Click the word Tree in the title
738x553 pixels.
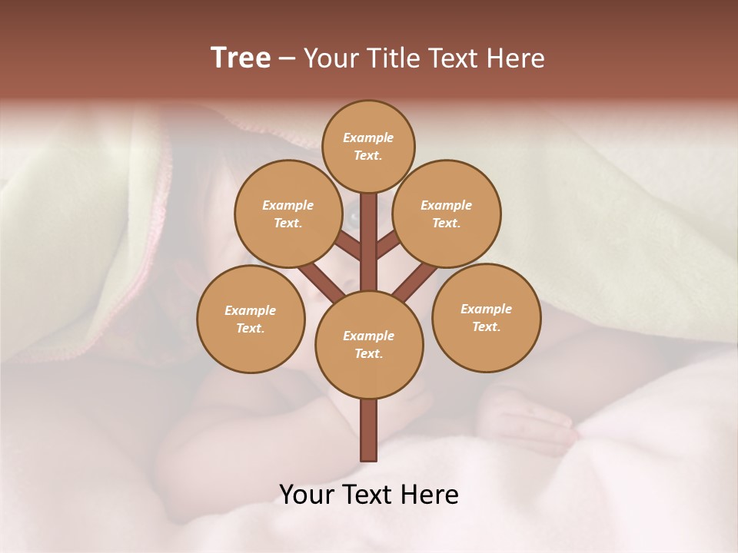coord(241,58)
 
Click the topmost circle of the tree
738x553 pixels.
coord(368,146)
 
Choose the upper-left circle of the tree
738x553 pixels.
coord(288,214)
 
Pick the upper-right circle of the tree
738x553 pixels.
coord(447,214)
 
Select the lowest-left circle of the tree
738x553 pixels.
coord(251,319)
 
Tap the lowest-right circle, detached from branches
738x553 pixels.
coord(486,317)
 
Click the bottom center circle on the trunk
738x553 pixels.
coord(369,344)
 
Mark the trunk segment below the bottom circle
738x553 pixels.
coord(369,430)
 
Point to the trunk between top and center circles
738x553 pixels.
coord(369,242)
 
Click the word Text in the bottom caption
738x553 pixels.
coord(371,495)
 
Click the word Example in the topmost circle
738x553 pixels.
coord(368,137)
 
